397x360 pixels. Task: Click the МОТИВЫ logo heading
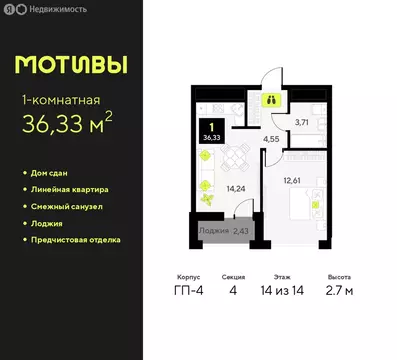[70, 65]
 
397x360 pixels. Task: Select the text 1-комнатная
[62, 100]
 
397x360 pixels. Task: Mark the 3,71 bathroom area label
[301, 122]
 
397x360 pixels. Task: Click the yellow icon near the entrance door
[272, 99]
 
